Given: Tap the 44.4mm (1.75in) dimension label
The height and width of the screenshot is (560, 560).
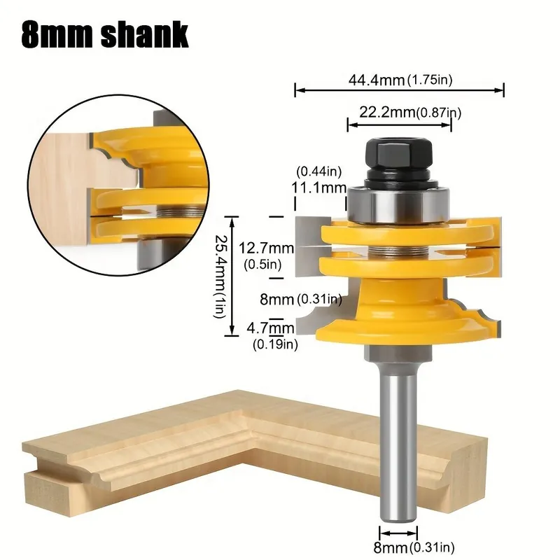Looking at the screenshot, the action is click(x=400, y=80).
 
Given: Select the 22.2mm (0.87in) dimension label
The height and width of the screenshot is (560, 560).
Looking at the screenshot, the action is click(x=410, y=113).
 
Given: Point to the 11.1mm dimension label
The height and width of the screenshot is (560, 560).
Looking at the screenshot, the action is click(x=319, y=188).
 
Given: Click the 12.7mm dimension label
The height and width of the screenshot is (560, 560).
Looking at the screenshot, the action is click(x=266, y=248).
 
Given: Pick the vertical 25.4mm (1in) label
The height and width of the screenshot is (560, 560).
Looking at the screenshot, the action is click(x=220, y=276).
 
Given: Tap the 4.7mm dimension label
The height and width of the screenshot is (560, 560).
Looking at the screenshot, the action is click(x=270, y=328).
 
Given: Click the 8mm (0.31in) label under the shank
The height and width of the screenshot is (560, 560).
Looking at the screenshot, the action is click(x=414, y=547).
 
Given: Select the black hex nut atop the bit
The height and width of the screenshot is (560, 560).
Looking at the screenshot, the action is click(x=398, y=154).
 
